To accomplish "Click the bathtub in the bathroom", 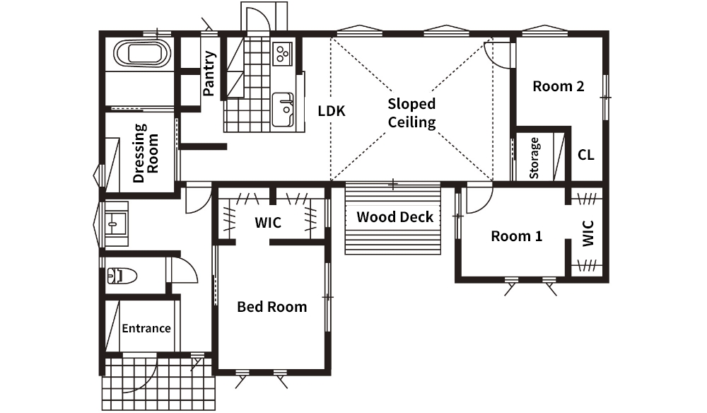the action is click(x=142, y=53).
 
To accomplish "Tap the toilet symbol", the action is click(x=122, y=276).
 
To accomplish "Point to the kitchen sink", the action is click(x=284, y=110).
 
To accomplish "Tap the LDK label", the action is click(x=332, y=111).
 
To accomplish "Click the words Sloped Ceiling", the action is click(x=411, y=113).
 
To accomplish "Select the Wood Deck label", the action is click(x=395, y=217).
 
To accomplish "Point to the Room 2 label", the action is click(x=559, y=86).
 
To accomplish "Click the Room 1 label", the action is click(x=516, y=235).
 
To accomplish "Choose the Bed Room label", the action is click(x=272, y=307).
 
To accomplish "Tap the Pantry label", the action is click(x=209, y=73).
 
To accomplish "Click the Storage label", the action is click(x=534, y=158).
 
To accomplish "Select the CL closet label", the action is click(x=585, y=155).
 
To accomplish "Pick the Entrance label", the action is click(x=146, y=328).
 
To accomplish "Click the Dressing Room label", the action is click(x=146, y=153).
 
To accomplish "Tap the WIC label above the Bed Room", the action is click(x=268, y=223).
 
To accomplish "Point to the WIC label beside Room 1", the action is click(x=588, y=233).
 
